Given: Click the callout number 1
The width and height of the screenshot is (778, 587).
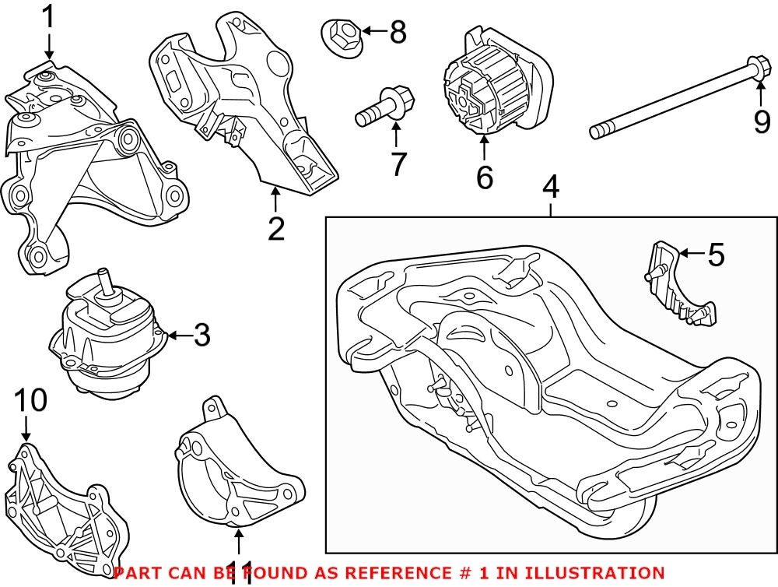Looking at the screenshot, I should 49,17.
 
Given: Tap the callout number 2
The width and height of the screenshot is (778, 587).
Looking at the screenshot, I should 275,229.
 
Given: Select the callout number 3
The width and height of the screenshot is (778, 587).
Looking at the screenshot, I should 202,336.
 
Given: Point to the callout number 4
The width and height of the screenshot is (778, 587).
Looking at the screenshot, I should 551,187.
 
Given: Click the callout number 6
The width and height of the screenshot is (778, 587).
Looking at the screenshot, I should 484,178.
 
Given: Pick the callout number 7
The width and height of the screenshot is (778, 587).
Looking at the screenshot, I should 398,163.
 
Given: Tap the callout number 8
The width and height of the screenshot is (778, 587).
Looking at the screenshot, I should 398,32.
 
